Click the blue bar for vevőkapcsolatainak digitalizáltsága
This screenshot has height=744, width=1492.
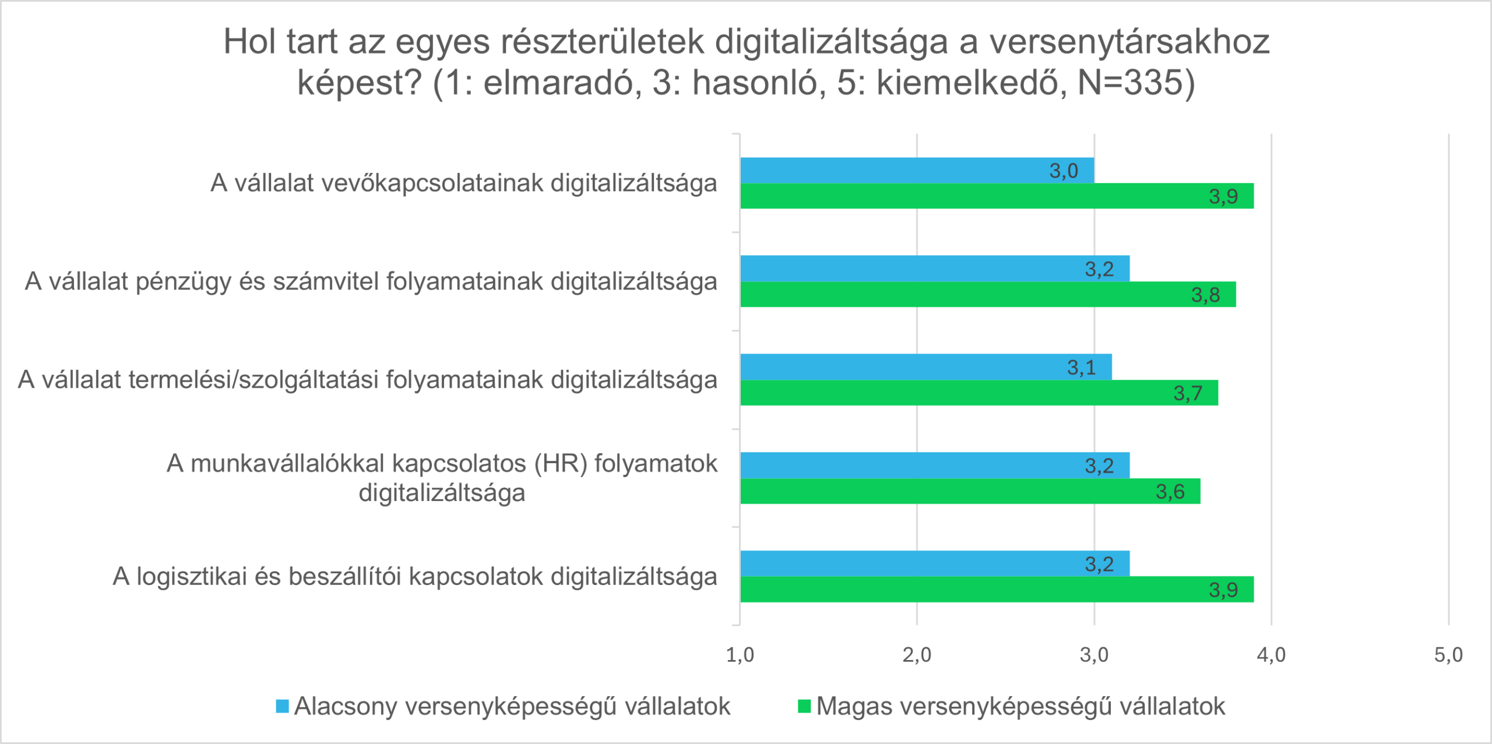(917, 170)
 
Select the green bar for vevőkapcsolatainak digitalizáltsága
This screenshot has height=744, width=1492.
(997, 196)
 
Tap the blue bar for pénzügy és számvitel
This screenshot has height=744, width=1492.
(935, 269)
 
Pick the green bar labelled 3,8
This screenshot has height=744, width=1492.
(988, 294)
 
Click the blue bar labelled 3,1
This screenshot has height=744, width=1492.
(926, 367)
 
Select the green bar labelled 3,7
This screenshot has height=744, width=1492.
(979, 393)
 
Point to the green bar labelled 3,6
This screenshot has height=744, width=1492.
(970, 491)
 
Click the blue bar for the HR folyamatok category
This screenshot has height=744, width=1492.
(935, 465)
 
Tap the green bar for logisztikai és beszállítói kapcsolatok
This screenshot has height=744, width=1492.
(997, 589)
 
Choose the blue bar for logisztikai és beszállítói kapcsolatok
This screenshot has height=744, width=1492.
(935, 563)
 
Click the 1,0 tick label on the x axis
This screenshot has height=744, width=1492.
(740, 655)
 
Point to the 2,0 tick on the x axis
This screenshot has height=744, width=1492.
(917, 655)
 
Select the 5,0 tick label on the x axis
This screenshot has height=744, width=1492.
(1448, 655)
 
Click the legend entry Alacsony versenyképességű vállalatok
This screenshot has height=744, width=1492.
(512, 707)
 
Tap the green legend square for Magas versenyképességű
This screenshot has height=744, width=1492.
(804, 707)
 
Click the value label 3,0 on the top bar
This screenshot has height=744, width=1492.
(1064, 171)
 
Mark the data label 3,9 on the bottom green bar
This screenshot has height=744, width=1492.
(1223, 590)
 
